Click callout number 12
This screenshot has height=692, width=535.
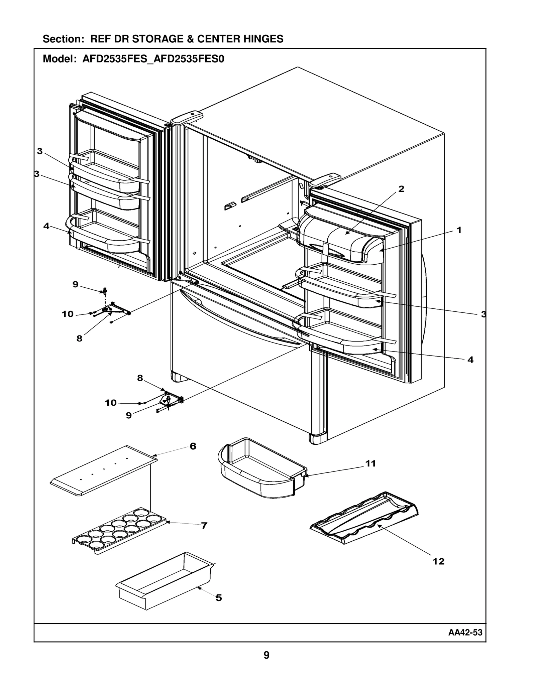(438, 561)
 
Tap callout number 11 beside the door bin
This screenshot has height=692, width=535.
(370, 463)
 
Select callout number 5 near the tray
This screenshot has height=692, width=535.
(219, 598)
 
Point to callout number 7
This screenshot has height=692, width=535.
(204, 526)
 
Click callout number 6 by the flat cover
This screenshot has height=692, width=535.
(193, 446)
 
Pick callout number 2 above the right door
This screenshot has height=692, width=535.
(401, 189)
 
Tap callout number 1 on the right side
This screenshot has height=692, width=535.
(459, 230)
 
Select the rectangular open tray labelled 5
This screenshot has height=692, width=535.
(164, 581)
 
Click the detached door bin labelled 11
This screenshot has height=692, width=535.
(261, 468)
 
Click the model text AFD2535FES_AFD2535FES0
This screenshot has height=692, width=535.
(153, 59)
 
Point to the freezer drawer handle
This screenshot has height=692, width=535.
(241, 317)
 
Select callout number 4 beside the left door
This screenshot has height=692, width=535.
(46, 226)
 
